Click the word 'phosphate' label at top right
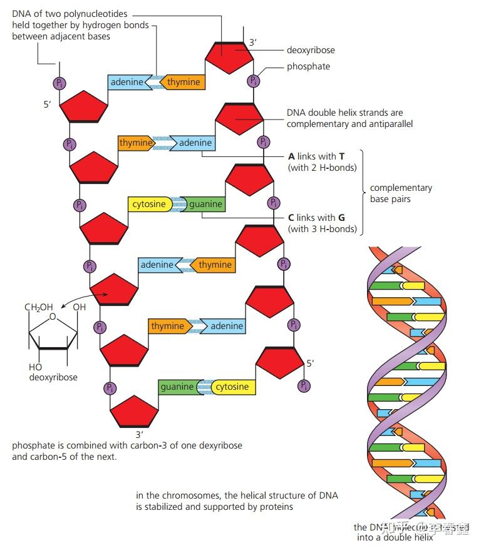[x=308, y=66]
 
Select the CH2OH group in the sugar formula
[x=38, y=307]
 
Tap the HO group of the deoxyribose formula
[x=35, y=367]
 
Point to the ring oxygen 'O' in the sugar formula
[x=52, y=317]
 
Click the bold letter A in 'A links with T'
[x=291, y=156]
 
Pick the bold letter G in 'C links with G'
[x=341, y=218]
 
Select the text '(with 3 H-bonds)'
[x=322, y=229]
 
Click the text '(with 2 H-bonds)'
[x=322, y=168]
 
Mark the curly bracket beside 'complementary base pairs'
[x=362, y=192]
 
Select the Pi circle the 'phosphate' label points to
[x=253, y=81]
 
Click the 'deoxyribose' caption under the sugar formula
[x=53, y=377]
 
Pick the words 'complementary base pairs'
[x=401, y=193]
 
